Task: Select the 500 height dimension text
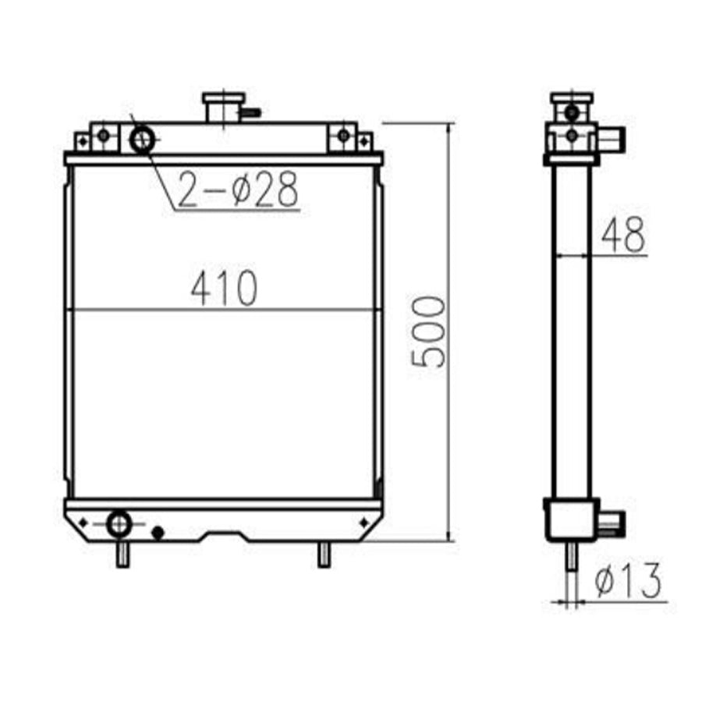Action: pyautogui.click(x=430, y=331)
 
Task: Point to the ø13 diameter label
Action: pyautogui.click(x=627, y=581)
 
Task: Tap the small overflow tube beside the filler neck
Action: pyautogui.click(x=251, y=112)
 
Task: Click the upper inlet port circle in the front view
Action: pyautogui.click(x=143, y=140)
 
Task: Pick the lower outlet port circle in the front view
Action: pyautogui.click(x=119, y=523)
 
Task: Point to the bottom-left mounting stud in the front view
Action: pyautogui.click(x=122, y=555)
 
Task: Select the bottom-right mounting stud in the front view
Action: pyautogui.click(x=324, y=555)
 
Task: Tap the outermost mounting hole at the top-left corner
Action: pyautogui.click(x=82, y=141)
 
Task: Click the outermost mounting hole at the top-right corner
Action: pyautogui.click(x=363, y=141)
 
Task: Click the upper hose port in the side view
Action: pyautogui.click(x=615, y=140)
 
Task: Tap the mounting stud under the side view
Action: pyautogui.click(x=572, y=558)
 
